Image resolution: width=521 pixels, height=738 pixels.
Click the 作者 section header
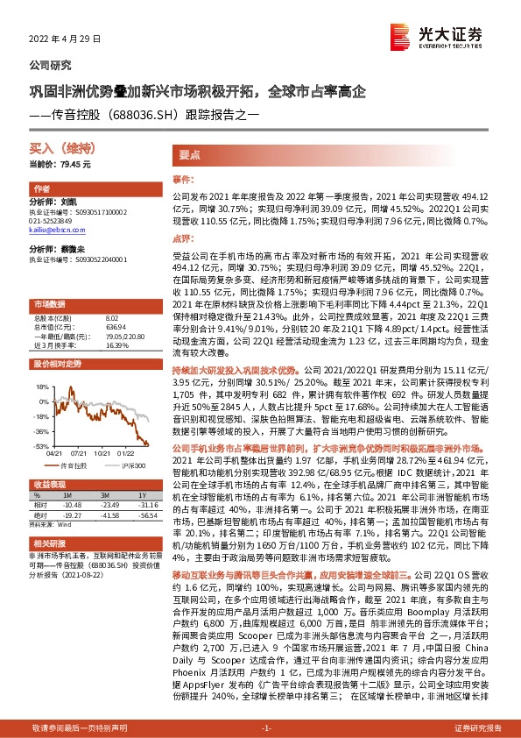click(41, 189)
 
